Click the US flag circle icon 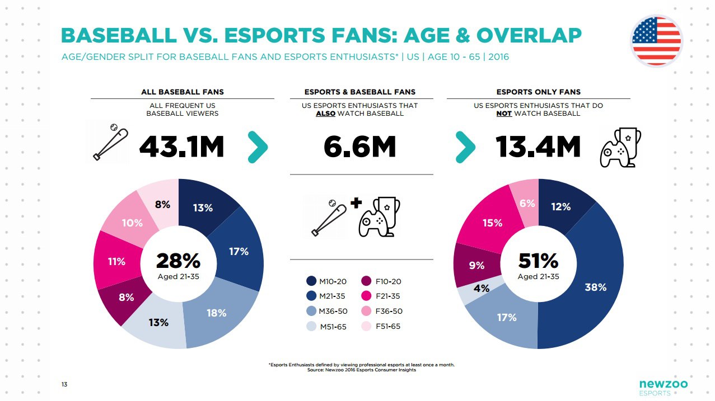point(656,41)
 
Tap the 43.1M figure point(181,147)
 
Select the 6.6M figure point(360,147)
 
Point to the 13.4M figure point(538,147)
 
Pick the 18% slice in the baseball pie point(217,313)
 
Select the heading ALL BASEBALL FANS point(182,92)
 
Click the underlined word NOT point(504,114)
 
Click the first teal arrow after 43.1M point(257,147)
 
